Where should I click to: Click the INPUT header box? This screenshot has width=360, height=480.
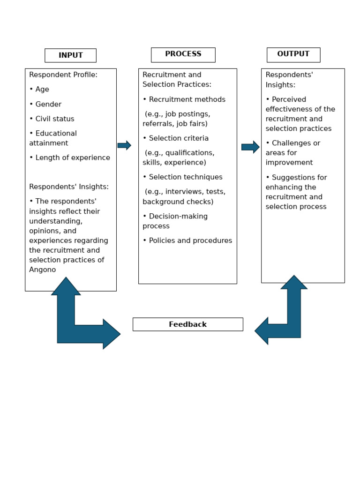point(70,55)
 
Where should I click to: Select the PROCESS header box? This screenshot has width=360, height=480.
point(183,54)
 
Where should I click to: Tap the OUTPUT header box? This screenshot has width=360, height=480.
point(293,54)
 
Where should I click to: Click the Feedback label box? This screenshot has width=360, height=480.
point(187,324)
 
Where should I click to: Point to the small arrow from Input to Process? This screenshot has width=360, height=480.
point(124,145)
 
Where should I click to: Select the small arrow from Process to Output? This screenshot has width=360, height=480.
point(250,147)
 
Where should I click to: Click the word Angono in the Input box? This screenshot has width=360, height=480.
point(43,270)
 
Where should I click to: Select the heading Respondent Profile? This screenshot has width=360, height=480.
point(63,75)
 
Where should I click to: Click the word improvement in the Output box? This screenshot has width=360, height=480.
point(289,163)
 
